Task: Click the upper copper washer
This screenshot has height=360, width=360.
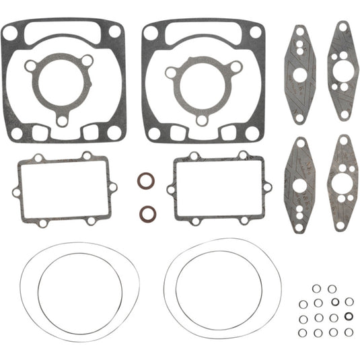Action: click(x=145, y=182)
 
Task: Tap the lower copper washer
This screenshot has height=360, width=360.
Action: click(x=145, y=213)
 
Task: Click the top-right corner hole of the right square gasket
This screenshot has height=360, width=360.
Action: click(x=255, y=32)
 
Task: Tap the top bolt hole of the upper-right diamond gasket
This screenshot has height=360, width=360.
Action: click(x=343, y=28)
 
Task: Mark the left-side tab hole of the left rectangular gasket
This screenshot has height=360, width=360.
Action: click(x=16, y=192)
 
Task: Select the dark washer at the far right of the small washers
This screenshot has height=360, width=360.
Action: click(x=348, y=316)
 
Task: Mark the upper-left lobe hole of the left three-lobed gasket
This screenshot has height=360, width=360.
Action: click(x=30, y=66)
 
